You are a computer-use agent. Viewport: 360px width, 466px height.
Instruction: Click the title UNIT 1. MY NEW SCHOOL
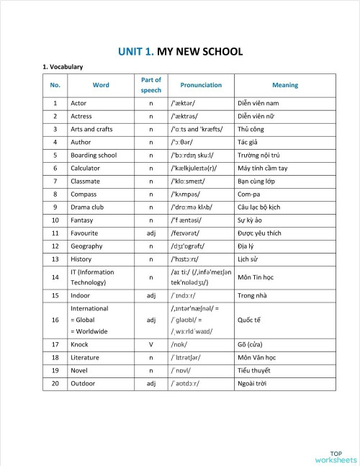coord(180,51)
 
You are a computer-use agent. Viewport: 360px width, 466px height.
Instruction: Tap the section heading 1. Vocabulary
coord(63,67)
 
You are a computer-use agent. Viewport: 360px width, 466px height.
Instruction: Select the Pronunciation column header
coord(201,85)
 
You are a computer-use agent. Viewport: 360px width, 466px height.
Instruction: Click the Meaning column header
coord(285,85)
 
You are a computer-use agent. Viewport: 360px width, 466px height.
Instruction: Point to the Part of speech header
coord(151,85)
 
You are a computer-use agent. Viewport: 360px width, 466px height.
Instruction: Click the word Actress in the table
coord(81,116)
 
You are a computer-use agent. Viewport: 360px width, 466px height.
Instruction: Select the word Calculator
coord(85,168)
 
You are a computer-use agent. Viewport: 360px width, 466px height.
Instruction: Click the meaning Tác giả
coord(248,142)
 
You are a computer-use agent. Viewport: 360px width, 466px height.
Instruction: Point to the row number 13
coord(55,259)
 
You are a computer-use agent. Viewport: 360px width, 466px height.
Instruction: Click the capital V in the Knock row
coord(151,344)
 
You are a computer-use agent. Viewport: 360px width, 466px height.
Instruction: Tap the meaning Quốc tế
coord(250,320)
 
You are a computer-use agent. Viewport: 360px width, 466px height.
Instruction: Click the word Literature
coord(84,357)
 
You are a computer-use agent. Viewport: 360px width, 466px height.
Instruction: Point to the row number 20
coord(55,383)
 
